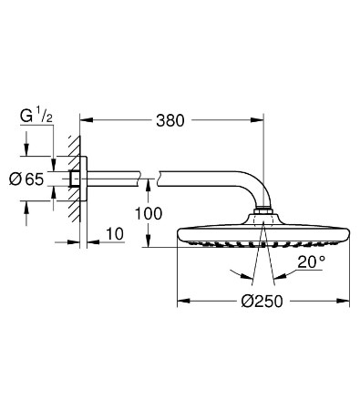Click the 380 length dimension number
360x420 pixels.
point(170,120)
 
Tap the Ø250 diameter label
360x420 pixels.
point(262,302)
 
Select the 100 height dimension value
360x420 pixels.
point(149,214)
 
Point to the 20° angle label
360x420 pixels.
point(312,262)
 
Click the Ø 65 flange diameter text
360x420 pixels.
point(26,179)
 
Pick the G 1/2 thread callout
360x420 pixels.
point(36,117)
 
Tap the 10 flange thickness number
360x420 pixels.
point(115,234)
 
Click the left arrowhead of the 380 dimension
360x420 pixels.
point(86,120)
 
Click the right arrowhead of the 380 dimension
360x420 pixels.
point(257,120)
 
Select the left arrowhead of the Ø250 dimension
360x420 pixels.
point(183,301)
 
